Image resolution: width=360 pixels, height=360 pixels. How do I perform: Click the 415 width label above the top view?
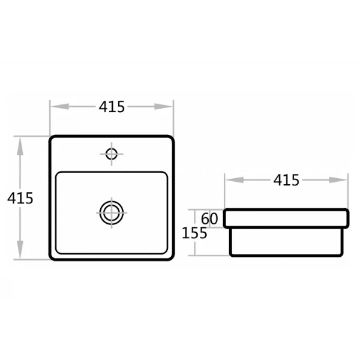(112, 107)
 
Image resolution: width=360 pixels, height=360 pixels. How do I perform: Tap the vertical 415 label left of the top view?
(20, 198)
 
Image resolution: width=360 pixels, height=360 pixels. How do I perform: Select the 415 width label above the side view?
(286, 180)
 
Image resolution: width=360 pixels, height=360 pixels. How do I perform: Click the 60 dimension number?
(209, 219)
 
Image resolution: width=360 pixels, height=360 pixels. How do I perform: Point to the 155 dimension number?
(194, 233)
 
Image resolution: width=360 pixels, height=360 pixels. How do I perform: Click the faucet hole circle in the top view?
(112, 154)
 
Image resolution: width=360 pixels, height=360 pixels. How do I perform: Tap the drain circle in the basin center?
(112, 213)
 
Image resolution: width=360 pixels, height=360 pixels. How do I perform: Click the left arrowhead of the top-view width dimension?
(60, 107)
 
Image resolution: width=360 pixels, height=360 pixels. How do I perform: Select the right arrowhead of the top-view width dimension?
(163, 107)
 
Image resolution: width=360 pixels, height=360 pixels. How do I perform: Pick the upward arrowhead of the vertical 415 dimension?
(20, 146)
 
